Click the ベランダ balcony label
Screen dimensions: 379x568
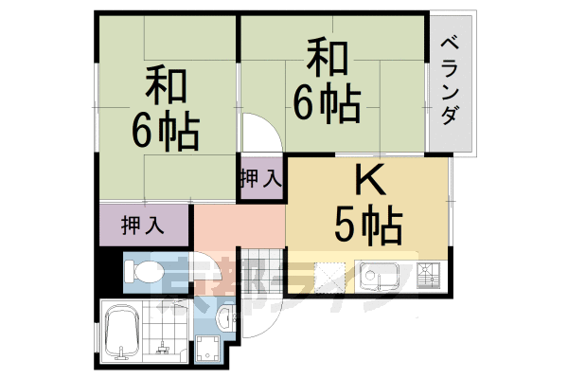[x=452, y=81]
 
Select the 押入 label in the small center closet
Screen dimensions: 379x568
[x=259, y=178]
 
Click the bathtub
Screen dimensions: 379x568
[x=123, y=334]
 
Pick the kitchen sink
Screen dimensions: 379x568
[x=382, y=278]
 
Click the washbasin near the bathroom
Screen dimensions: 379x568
[x=224, y=315]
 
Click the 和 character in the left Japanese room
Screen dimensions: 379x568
[x=167, y=87]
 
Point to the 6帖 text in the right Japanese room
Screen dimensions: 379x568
[x=326, y=102]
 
